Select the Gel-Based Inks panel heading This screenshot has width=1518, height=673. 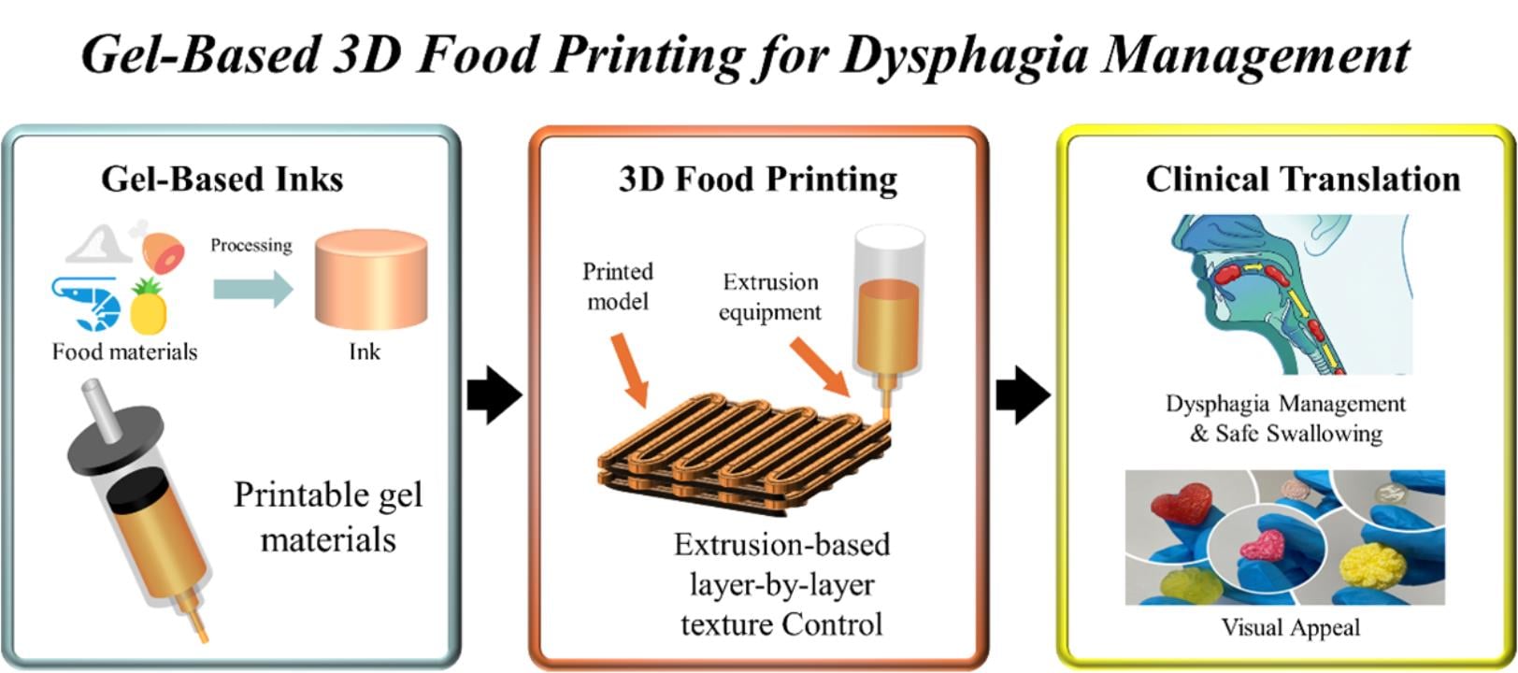click(222, 179)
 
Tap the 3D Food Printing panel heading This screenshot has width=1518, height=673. click(758, 179)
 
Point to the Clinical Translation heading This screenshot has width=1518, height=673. click(1303, 179)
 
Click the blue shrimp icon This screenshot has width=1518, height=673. click(86, 302)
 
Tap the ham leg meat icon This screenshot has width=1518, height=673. click(161, 248)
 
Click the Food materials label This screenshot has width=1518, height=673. click(124, 352)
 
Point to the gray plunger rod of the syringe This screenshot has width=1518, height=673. click(104, 411)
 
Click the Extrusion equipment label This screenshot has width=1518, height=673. click(769, 296)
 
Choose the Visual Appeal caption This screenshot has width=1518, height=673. click(1290, 627)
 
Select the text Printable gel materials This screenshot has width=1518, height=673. click(328, 517)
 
